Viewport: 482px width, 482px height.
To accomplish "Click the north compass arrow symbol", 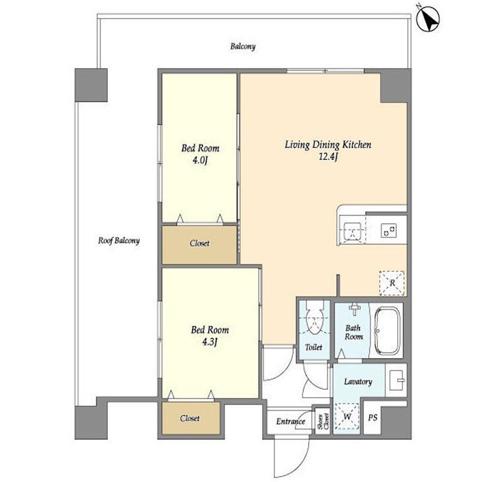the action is (x=428, y=20).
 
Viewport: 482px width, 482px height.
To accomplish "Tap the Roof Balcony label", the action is (x=119, y=240).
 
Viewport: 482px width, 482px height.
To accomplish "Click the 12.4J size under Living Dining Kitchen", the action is (x=328, y=157).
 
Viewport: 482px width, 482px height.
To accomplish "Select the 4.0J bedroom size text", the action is (x=200, y=160).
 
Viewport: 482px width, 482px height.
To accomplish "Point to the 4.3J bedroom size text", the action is (x=210, y=342).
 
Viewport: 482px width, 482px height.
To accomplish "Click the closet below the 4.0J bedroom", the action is (x=199, y=245).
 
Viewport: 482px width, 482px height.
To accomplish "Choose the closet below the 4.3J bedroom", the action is (x=191, y=418).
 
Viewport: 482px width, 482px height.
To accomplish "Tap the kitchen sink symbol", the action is (x=352, y=231).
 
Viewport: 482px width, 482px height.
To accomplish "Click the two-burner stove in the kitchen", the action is (x=389, y=231).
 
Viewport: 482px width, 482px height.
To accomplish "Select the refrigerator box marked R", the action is (x=392, y=283).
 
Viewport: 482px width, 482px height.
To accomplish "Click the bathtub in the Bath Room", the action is (x=387, y=331).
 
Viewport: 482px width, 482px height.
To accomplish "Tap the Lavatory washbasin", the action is (x=396, y=380).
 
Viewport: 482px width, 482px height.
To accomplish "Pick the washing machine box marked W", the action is (x=347, y=416).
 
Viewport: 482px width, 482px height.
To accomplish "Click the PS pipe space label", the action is (x=372, y=418).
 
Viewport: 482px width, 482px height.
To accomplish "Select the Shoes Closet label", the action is (x=323, y=421).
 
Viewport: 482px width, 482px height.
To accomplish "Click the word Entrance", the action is (x=290, y=421).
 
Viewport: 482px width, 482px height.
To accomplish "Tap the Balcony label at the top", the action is (x=243, y=46).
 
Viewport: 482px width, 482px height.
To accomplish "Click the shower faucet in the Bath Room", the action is (x=354, y=308).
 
